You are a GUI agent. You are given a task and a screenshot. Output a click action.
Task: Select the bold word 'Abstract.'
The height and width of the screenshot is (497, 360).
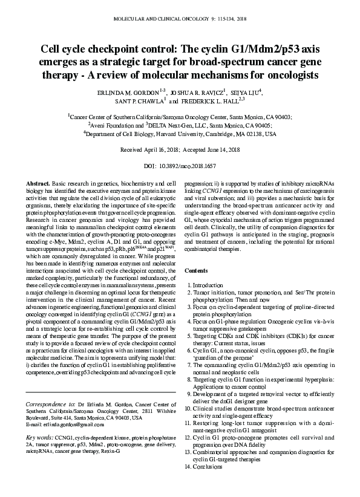click(x=39, y=183)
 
